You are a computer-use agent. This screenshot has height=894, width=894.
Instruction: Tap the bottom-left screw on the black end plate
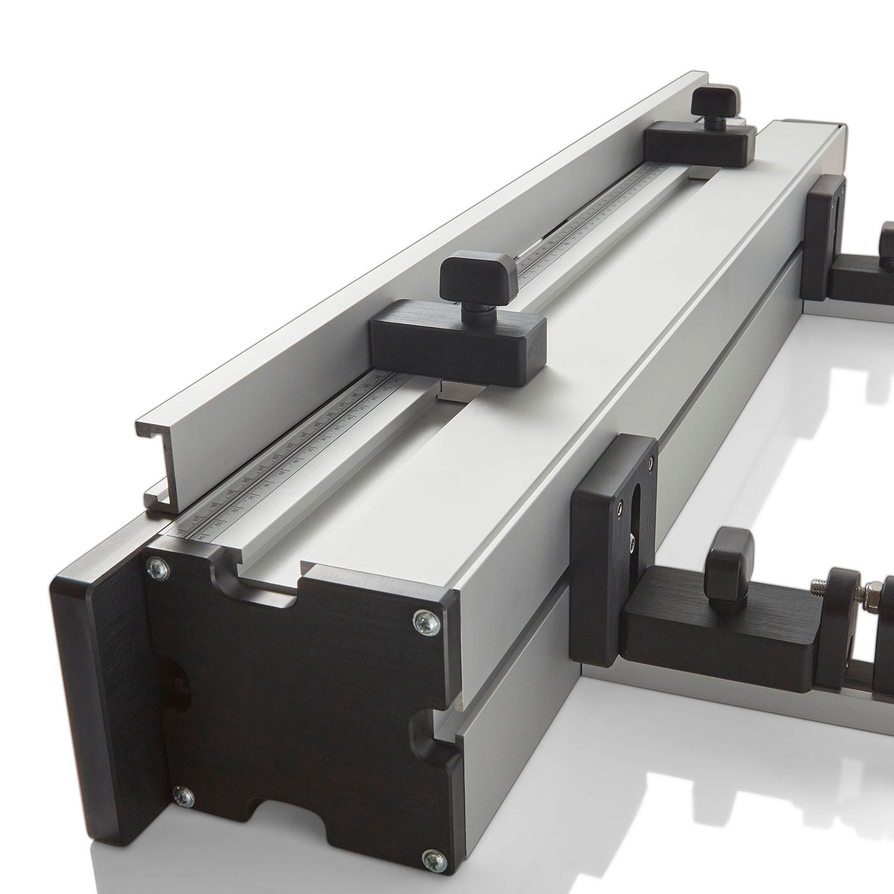click(185, 794)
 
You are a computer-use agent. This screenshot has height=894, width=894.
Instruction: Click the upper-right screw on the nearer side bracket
click(649, 461)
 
